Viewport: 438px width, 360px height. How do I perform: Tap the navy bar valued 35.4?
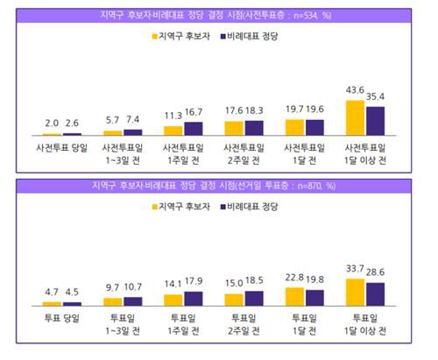click(x=376, y=121)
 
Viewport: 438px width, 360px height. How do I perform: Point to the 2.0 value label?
click(x=52, y=124)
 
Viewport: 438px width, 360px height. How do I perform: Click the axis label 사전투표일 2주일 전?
click(x=244, y=153)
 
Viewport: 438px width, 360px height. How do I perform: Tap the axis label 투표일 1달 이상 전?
click(x=366, y=322)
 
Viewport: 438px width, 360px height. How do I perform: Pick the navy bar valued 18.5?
click(x=254, y=299)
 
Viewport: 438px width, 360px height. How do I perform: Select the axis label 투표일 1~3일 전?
click(x=123, y=322)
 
